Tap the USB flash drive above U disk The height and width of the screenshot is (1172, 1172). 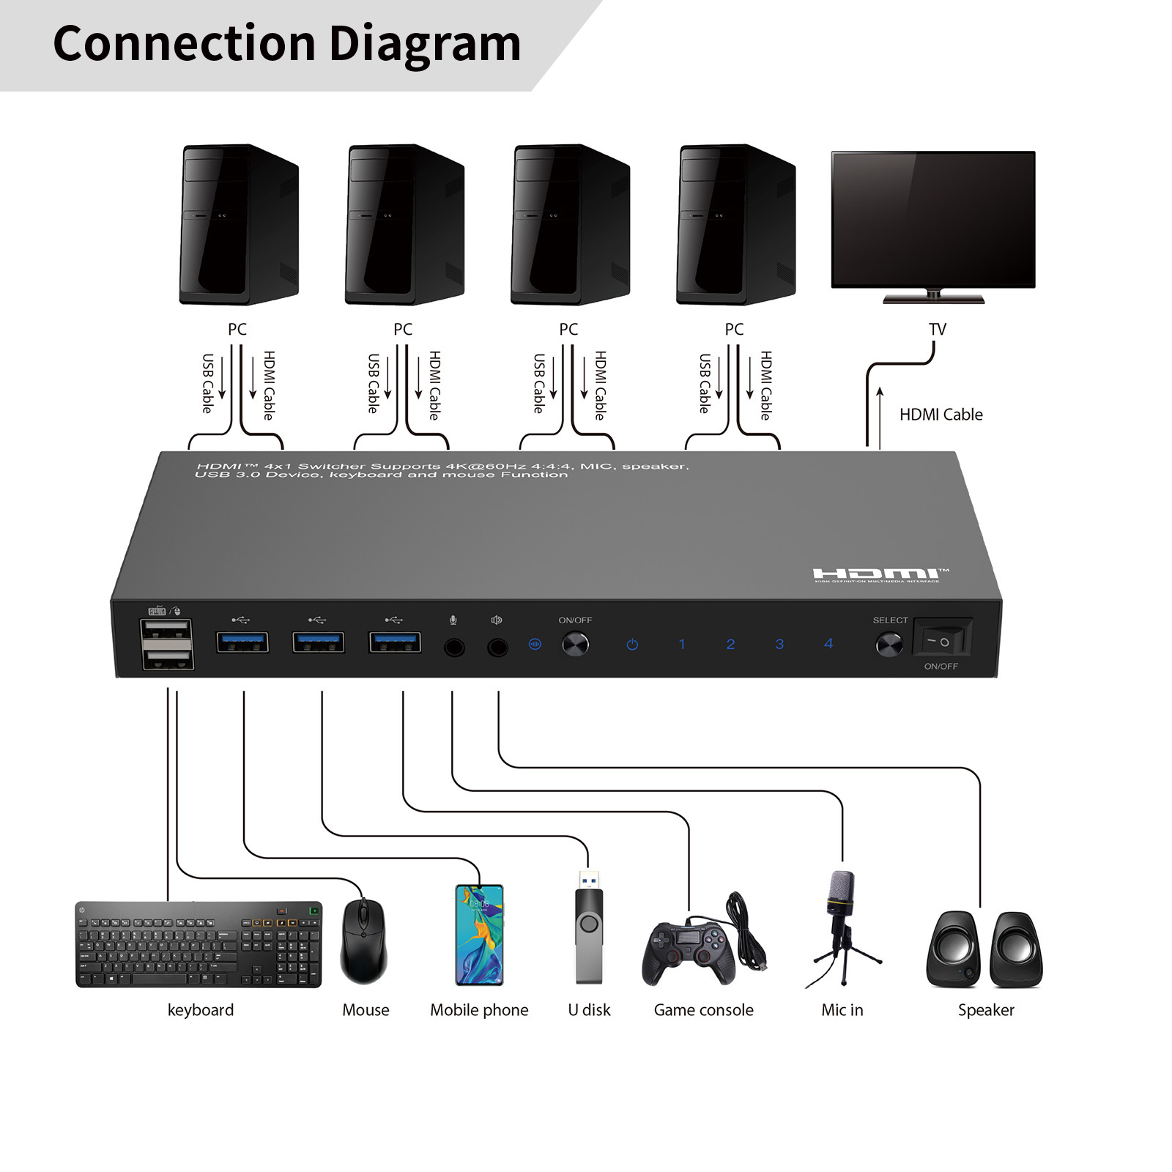[589, 930]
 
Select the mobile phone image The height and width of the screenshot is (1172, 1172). [479, 935]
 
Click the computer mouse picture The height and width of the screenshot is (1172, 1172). [364, 942]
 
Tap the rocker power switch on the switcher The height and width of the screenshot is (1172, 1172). [942, 640]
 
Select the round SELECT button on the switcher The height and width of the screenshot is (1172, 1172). [889, 645]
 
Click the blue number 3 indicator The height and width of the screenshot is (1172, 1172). [779, 644]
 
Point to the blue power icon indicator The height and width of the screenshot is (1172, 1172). [632, 645]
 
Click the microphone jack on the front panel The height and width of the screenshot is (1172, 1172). [454, 648]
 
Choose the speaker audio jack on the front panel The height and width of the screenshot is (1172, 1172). [497, 648]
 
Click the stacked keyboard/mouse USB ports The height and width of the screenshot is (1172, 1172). [168, 644]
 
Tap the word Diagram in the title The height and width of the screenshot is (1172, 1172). [425, 44]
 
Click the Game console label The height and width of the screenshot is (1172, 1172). [703, 1010]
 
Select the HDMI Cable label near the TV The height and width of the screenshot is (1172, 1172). [941, 415]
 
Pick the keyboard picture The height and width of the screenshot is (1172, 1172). [199, 944]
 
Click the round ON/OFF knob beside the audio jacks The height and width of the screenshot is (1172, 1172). [575, 645]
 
